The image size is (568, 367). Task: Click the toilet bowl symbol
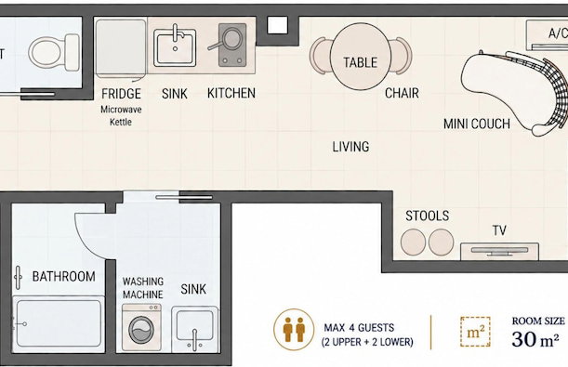(54, 52)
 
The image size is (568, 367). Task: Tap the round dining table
(361, 57)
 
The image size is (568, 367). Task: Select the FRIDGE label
(121, 94)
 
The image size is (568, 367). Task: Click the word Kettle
(121, 122)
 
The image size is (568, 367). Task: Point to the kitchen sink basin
(175, 47)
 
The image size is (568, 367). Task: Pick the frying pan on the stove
(228, 39)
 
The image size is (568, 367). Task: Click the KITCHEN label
(231, 93)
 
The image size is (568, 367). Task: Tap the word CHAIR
(402, 94)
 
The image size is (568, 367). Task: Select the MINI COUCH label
(477, 124)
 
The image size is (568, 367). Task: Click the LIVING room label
(350, 147)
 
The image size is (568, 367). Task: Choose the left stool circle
(413, 242)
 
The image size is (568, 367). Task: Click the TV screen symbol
(499, 251)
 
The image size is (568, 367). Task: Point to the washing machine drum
(141, 330)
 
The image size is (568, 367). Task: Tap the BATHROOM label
(64, 277)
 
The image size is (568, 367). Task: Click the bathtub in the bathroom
(59, 324)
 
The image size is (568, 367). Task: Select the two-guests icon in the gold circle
(294, 329)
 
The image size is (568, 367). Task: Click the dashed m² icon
(475, 332)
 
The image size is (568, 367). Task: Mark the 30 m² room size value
(535, 339)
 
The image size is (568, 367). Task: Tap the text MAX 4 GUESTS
(359, 328)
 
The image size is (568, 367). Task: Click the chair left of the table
(320, 56)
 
